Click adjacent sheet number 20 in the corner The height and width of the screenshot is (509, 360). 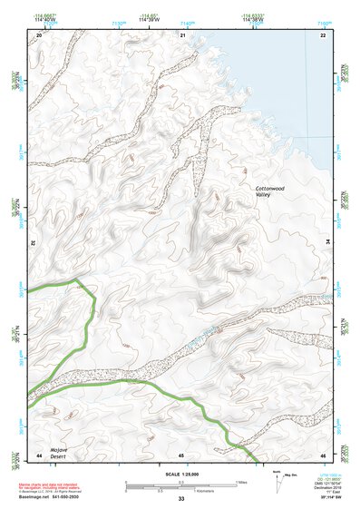38,34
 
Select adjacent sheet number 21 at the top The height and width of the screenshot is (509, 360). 182,34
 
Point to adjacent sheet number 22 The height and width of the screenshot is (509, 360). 323,34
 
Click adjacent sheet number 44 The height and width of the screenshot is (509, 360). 38,454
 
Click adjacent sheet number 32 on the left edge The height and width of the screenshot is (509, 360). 33,243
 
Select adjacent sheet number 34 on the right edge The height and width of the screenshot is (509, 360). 328,243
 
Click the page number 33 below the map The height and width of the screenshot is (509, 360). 181,499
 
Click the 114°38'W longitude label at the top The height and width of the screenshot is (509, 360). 256,19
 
